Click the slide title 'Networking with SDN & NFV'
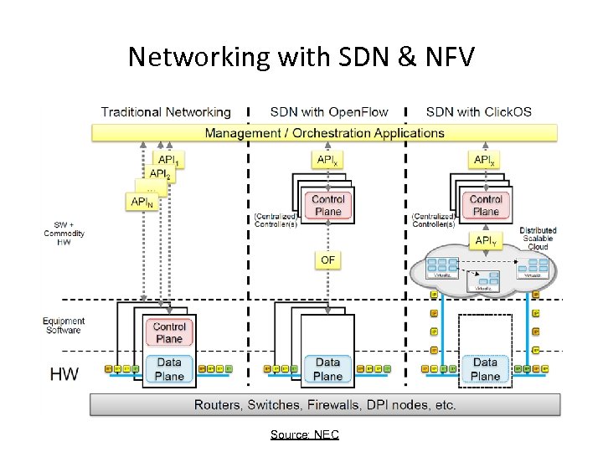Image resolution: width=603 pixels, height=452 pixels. click(x=301, y=56)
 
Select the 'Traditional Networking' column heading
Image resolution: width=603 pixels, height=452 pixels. click(x=166, y=112)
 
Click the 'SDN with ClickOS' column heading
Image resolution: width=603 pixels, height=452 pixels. click(x=478, y=112)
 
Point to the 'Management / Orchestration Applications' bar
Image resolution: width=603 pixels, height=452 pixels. click(x=325, y=132)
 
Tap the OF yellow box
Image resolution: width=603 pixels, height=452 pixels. click(x=327, y=260)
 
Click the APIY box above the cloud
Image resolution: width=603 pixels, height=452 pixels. click(x=485, y=241)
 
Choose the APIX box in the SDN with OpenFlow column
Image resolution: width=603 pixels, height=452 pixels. click(x=327, y=159)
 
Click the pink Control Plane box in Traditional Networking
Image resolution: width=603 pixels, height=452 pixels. click(x=169, y=332)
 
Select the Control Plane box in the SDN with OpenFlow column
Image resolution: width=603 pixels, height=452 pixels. click(x=327, y=206)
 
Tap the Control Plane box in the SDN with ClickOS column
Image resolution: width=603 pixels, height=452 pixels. click(x=485, y=206)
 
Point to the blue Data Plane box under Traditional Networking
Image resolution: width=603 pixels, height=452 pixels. click(x=169, y=369)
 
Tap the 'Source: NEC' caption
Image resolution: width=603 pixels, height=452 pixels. click(x=304, y=434)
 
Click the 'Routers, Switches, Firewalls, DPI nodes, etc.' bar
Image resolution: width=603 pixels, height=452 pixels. click(x=325, y=404)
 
